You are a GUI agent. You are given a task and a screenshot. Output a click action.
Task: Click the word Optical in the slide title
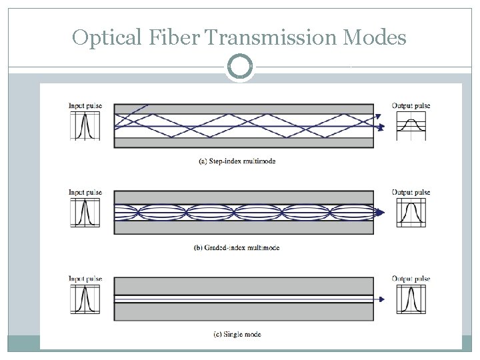(x=107, y=39)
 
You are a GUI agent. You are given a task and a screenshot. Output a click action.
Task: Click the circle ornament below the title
(x=240, y=67)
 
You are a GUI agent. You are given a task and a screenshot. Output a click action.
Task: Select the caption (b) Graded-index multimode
(x=237, y=248)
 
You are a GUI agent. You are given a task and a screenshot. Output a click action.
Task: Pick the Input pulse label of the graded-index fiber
(x=85, y=193)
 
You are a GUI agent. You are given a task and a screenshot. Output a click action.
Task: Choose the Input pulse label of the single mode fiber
(x=85, y=279)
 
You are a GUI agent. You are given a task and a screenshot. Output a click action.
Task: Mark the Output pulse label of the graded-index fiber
(x=411, y=193)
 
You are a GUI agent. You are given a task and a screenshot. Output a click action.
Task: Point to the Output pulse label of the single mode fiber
(x=411, y=279)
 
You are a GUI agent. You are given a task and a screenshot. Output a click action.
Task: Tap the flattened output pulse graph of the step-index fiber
(x=411, y=126)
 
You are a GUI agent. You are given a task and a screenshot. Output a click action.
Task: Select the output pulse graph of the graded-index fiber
(x=411, y=213)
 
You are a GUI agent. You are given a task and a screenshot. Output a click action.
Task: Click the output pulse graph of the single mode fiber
(x=411, y=299)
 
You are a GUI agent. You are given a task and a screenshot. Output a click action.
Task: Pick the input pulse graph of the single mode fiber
(x=85, y=299)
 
